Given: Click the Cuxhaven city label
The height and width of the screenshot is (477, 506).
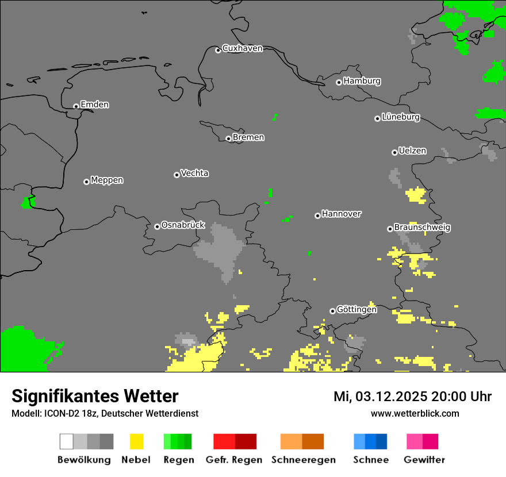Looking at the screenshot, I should point(242,48).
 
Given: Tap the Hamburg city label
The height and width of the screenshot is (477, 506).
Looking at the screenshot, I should point(362,81).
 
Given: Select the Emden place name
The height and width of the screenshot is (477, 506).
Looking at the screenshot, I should point(94,105).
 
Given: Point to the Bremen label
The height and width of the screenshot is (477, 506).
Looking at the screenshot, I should point(248,137).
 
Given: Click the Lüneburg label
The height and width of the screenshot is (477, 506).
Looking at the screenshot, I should point(400,117).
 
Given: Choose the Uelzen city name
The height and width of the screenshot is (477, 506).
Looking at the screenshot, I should point(412,151).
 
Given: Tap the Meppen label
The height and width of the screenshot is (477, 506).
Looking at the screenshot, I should point(107,180).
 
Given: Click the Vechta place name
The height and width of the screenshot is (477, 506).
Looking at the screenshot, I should point(194,173).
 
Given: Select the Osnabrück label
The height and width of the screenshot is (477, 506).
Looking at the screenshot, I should point(183,225).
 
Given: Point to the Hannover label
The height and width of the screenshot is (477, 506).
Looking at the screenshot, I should point(341,214).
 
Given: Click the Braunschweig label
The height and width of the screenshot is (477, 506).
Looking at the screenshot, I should point(422,227).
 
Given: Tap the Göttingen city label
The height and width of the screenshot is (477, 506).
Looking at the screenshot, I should point(356,310).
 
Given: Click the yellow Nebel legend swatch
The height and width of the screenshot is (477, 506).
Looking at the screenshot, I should point(136,441).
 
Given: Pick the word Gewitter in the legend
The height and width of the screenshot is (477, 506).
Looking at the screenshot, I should point(424,460).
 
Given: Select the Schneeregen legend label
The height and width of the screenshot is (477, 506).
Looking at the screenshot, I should point(303,460).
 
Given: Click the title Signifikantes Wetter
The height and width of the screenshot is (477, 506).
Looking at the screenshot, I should point(95,396).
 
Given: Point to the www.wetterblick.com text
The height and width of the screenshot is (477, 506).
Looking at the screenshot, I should point(415,413).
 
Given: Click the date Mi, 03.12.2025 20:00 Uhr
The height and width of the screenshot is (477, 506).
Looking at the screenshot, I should point(412,397).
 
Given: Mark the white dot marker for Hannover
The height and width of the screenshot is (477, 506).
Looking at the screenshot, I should point(317,216).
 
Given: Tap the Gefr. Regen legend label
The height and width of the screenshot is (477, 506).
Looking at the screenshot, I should point(234,460).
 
